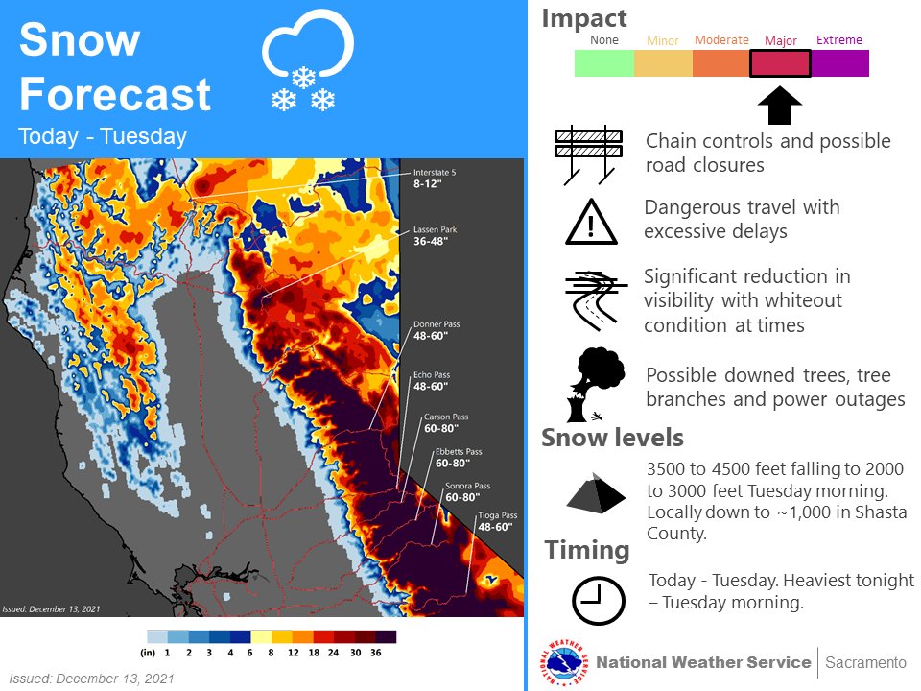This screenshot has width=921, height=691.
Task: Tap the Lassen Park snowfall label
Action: [x=437, y=236]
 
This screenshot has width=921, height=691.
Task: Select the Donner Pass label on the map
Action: [x=437, y=330]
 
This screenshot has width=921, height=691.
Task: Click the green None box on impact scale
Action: [x=603, y=63]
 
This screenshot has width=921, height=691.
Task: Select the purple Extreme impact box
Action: [x=840, y=63]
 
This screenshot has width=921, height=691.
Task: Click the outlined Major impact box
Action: [x=781, y=63]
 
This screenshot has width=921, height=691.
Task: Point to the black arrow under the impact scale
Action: [x=780, y=106]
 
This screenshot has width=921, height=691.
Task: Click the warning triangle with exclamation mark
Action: [x=592, y=223]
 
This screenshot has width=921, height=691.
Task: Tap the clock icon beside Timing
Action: [x=598, y=602]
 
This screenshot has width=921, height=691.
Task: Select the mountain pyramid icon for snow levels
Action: [x=596, y=491]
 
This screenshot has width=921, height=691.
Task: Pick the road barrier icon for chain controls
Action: [x=588, y=154]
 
